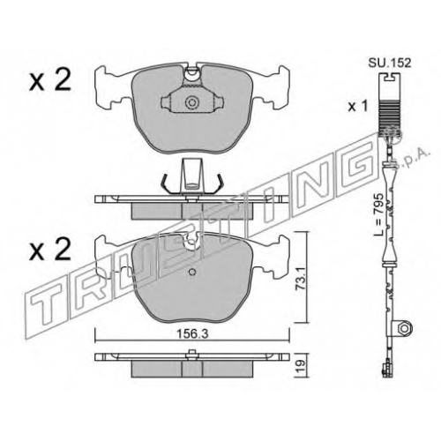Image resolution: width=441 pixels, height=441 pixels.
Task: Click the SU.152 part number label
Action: pos(390,63)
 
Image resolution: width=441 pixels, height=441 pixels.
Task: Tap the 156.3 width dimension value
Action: pos(192,334)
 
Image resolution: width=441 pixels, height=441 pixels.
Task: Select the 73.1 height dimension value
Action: pos(301,278)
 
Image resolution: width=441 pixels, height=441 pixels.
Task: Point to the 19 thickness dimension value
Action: pos(301,365)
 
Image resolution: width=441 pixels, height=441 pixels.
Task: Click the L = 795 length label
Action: pos(377,214)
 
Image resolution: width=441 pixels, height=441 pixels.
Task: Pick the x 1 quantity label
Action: pos(358,107)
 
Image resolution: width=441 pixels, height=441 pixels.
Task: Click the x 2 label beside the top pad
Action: pos(50,80)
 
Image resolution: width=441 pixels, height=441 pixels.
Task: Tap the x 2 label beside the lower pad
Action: pos(50,250)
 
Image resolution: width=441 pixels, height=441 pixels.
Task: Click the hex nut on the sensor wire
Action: pos(406,328)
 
